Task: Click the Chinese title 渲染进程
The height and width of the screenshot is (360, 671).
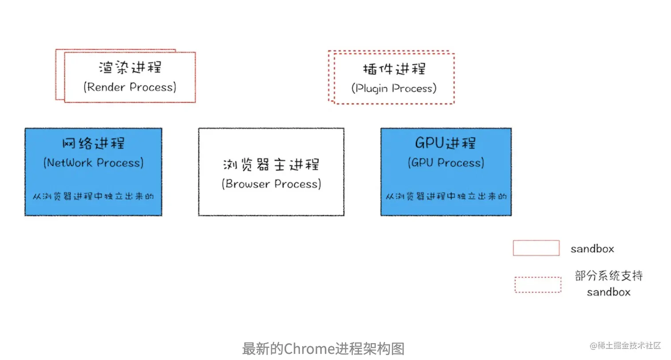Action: click(130, 67)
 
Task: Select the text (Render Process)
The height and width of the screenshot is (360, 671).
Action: click(130, 87)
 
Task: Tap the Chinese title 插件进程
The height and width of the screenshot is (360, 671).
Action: click(394, 69)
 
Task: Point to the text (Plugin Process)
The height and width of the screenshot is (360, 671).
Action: click(394, 88)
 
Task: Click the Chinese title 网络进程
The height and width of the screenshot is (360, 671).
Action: click(93, 143)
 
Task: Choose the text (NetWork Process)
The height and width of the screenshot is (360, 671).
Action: click(93, 162)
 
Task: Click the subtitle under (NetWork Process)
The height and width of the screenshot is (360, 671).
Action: click(93, 196)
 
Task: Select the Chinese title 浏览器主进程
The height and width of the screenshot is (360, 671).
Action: click(271, 165)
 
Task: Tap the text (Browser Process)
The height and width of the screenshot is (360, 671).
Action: click(271, 184)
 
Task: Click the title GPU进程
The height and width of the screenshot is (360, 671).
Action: click(446, 143)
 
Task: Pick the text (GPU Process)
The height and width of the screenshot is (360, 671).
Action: click(446, 162)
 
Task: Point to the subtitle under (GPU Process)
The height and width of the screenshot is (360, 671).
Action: click(446, 196)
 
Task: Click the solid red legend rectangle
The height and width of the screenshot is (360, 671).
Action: click(536, 248)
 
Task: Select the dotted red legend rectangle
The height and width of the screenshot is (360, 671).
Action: click(537, 285)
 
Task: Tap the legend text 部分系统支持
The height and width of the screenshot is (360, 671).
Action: click(608, 276)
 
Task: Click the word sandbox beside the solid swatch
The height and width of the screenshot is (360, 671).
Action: click(592, 249)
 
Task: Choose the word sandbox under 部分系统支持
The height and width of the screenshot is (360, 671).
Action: click(608, 292)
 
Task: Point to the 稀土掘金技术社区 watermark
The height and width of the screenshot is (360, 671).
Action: click(625, 345)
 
